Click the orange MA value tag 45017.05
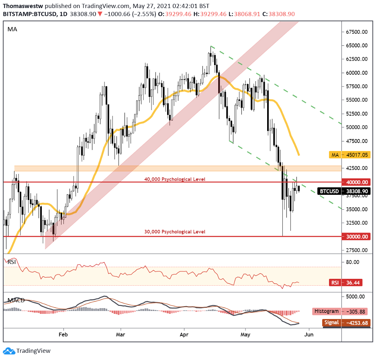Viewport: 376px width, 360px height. coord(349,155)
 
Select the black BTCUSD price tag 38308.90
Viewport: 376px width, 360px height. coord(344,192)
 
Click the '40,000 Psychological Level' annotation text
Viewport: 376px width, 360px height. coord(175,179)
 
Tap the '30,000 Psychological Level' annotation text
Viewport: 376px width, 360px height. coord(175,232)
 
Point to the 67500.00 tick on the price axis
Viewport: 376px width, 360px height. coord(357,32)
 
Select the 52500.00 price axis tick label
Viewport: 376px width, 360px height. coord(357,114)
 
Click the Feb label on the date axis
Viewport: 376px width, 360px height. coord(63,334)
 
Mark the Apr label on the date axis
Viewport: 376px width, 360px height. coord(184,334)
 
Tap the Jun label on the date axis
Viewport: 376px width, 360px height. coord(309,334)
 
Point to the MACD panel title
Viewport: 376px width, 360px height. coord(15,301)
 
